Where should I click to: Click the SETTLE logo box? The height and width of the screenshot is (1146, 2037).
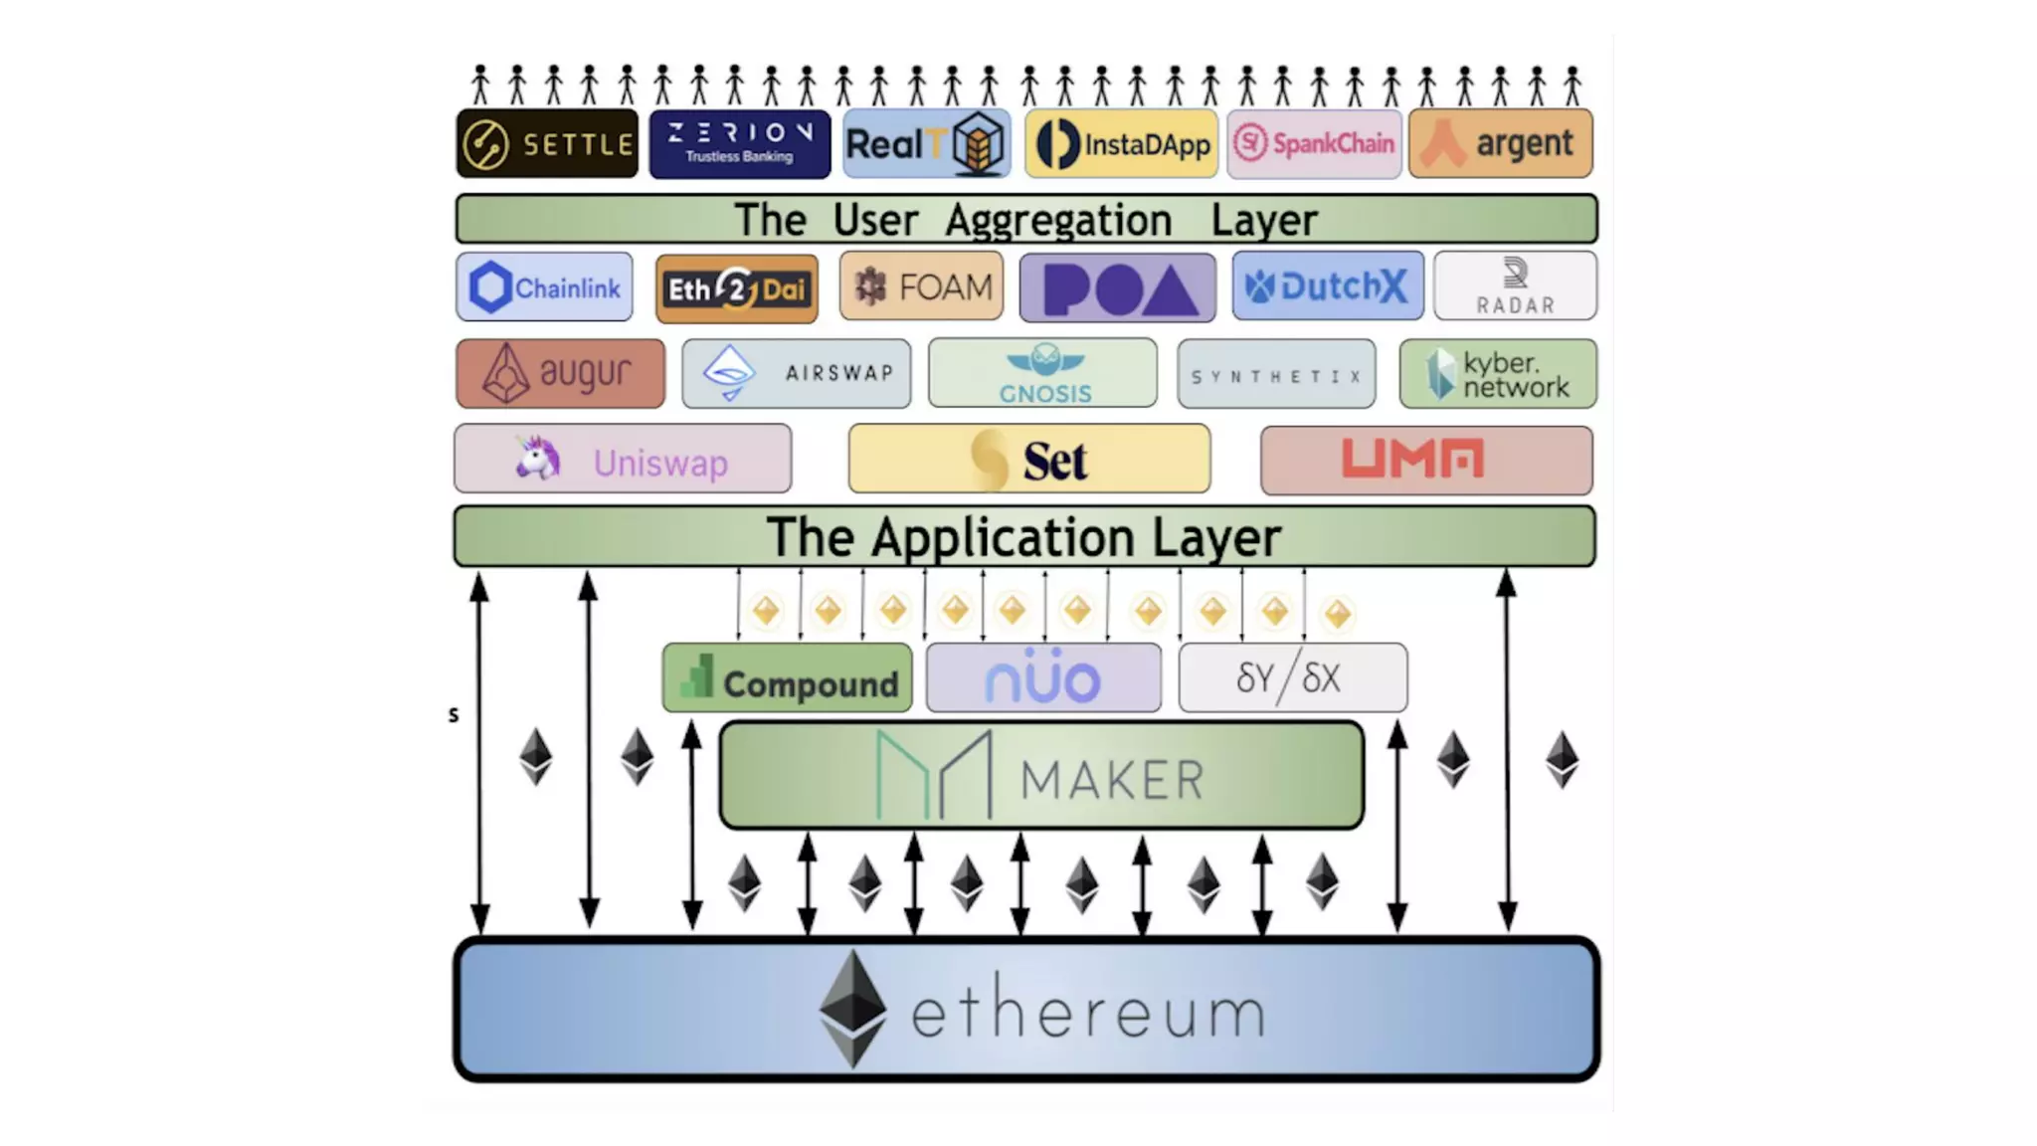click(x=547, y=144)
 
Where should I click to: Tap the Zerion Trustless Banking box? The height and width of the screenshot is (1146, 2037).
click(x=739, y=144)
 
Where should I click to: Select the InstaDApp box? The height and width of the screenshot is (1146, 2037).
click(x=1121, y=144)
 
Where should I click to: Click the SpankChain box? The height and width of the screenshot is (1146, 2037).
click(x=1314, y=144)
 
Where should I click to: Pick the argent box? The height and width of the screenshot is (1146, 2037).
click(x=1500, y=144)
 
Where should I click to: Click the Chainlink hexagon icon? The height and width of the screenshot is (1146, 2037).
click(x=489, y=287)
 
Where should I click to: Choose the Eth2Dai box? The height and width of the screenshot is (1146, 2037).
click(x=736, y=288)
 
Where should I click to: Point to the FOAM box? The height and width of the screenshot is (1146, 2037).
click(x=921, y=286)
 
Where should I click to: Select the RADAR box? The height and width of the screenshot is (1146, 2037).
click(x=1515, y=286)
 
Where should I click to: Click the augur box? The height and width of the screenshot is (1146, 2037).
click(x=560, y=373)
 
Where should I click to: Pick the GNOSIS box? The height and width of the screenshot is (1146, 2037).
click(x=1042, y=373)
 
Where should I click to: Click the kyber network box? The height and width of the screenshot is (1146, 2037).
click(x=1498, y=374)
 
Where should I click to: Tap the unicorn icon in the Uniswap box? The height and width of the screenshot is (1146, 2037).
click(x=538, y=459)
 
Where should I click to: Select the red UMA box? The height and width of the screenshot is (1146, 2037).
click(x=1426, y=460)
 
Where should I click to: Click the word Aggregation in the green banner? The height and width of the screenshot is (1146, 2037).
click(x=1058, y=220)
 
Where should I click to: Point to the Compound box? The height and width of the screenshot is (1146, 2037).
click(x=787, y=678)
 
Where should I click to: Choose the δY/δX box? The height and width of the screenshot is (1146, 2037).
click(x=1292, y=678)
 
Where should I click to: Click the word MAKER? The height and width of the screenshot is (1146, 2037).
click(x=1112, y=779)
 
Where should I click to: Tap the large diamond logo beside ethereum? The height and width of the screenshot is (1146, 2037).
click(x=852, y=1009)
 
